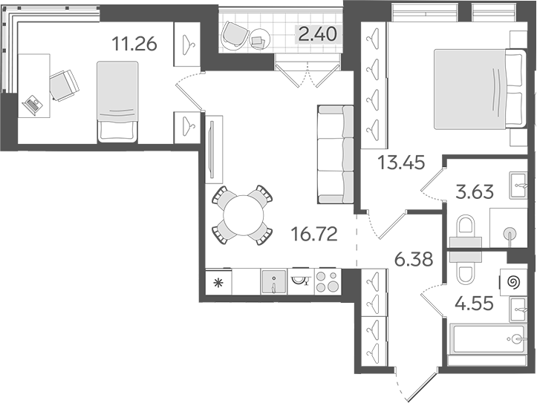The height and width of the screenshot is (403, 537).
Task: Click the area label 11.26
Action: (134, 44)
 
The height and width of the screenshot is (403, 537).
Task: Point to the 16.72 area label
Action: (316, 236)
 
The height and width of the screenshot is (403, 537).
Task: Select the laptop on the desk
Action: (33, 105)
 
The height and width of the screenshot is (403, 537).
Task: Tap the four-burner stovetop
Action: (328, 282)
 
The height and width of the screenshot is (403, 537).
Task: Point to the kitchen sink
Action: (273, 283)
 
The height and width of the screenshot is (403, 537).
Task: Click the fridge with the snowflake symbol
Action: (219, 283)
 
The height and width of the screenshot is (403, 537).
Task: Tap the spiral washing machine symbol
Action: (512, 281)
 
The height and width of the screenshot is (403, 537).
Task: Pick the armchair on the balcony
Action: (237, 32)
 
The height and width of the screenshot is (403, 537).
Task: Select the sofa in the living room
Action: (335, 154)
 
